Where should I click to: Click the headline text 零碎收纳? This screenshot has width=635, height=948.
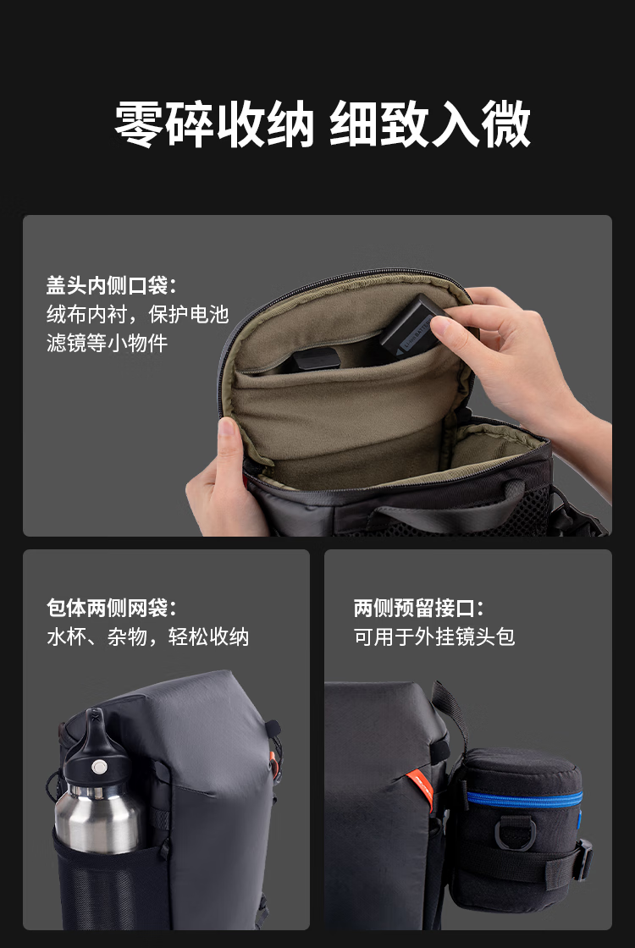pyautogui.click(x=215, y=124)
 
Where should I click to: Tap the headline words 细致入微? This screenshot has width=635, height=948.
pyautogui.click(x=431, y=124)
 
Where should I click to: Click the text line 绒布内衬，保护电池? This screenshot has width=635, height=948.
pyautogui.click(x=138, y=314)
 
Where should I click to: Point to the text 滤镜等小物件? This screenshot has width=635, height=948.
pyautogui.click(x=107, y=343)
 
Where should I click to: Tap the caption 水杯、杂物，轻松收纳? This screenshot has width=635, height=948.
pyautogui.click(x=148, y=637)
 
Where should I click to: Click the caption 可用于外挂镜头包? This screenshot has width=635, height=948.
pyautogui.click(x=434, y=637)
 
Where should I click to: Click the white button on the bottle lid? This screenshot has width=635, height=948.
pyautogui.click(x=99, y=767)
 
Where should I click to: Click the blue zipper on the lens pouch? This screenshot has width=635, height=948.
pyautogui.click(x=524, y=799)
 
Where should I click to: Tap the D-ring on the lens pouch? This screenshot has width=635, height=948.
pyautogui.click(x=515, y=833)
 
